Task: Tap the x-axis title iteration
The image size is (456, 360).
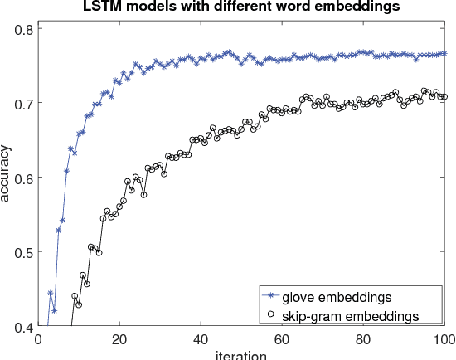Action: [240, 355]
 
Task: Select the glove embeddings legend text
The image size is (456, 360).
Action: [337, 296]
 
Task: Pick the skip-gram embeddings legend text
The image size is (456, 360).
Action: [349, 315]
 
